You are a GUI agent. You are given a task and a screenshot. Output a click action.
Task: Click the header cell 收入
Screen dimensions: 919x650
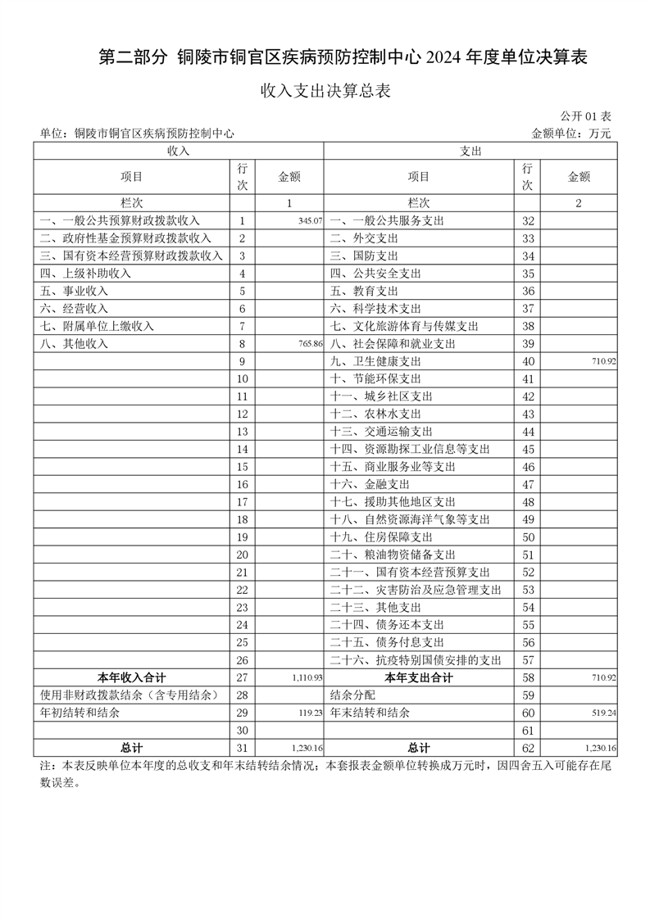[x=179, y=152]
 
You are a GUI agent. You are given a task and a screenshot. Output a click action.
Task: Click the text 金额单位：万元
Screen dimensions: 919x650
[x=571, y=133]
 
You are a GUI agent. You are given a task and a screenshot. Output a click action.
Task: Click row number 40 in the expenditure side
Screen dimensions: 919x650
[x=528, y=361]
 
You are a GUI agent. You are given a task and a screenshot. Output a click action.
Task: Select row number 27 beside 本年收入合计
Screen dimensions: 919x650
[x=242, y=678]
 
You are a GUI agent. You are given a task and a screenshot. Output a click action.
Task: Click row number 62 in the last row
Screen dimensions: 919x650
[x=528, y=748]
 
